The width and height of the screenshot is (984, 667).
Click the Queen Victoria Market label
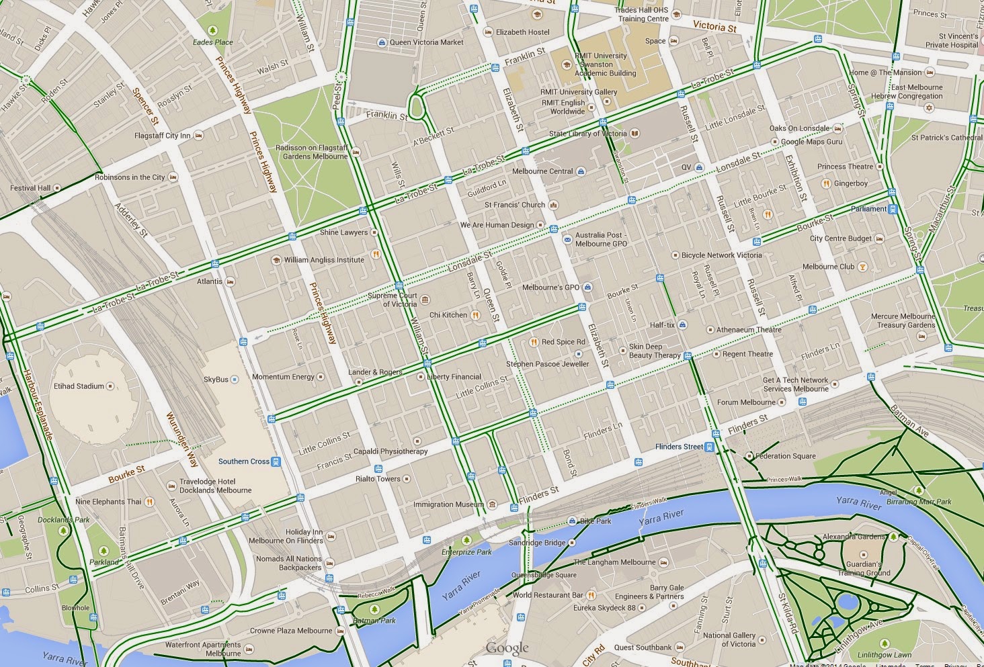pos(426,42)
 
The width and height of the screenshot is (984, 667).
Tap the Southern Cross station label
pos(243,461)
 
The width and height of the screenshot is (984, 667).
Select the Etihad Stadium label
pos(79,386)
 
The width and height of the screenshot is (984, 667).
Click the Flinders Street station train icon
pos(710,447)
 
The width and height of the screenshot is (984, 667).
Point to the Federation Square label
pos(785,456)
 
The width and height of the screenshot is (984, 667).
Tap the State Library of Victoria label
pos(587,134)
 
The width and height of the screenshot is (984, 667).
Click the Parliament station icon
pos(893,209)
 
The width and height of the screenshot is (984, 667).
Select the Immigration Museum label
pos(448,504)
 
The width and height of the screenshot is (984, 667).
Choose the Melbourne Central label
pos(542,171)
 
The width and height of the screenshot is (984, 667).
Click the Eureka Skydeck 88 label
pos(604,608)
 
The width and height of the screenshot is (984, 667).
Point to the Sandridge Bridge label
pos(537,543)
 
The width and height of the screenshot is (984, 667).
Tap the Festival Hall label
pos(30,188)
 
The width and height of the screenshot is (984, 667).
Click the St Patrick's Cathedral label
pos(946,138)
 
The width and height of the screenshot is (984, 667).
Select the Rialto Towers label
pos(378,479)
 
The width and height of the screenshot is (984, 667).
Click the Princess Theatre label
pos(845,167)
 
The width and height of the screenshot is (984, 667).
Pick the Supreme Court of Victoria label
pos(393,300)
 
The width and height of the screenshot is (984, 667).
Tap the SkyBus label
pos(216,380)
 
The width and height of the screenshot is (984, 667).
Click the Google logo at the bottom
pos(507,648)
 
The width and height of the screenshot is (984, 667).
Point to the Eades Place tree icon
pos(213,30)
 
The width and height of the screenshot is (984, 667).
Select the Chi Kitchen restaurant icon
pos(475,315)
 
